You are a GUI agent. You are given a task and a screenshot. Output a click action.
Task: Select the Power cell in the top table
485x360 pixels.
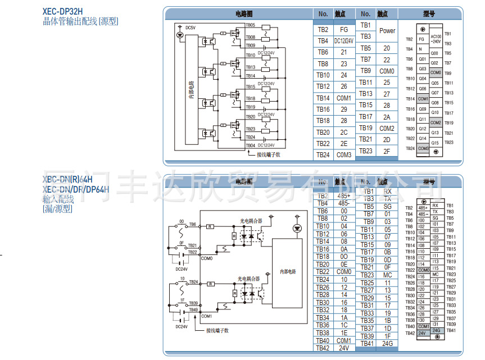click(387, 31)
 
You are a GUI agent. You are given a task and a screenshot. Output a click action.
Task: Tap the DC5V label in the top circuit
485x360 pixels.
click(190, 28)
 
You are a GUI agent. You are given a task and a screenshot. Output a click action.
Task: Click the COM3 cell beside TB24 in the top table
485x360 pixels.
click(343, 155)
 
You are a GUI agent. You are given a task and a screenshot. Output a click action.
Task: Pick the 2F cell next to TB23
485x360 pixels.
click(387, 151)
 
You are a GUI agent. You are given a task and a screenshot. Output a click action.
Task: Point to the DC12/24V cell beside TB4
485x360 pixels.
click(343, 41)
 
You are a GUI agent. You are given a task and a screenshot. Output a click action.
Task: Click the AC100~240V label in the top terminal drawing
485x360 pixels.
click(436, 39)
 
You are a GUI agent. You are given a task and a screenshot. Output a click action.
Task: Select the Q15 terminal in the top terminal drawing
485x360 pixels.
click(435, 143)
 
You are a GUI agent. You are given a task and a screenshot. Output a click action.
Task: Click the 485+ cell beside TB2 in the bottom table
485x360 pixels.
click(343, 195)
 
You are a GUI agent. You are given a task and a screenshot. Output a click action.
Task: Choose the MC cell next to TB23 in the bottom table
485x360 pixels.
click(387, 275)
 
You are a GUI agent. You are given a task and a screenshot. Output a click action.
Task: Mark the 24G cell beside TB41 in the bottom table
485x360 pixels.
click(387, 343)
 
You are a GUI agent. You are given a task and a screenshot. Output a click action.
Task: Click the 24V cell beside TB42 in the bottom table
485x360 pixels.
click(343, 348)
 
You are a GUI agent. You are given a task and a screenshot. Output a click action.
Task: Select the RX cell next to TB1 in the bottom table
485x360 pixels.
click(387, 192)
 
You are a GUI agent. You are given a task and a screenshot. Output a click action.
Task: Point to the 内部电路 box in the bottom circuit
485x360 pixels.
click(287, 271)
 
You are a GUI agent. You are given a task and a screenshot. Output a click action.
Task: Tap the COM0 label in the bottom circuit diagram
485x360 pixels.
click(206, 258)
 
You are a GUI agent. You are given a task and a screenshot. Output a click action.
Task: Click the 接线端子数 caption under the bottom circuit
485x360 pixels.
click(217, 330)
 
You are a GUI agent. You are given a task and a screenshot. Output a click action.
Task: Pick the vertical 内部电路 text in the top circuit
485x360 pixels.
click(191, 90)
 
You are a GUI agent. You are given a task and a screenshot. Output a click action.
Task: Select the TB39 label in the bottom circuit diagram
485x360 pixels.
click(193, 303)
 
